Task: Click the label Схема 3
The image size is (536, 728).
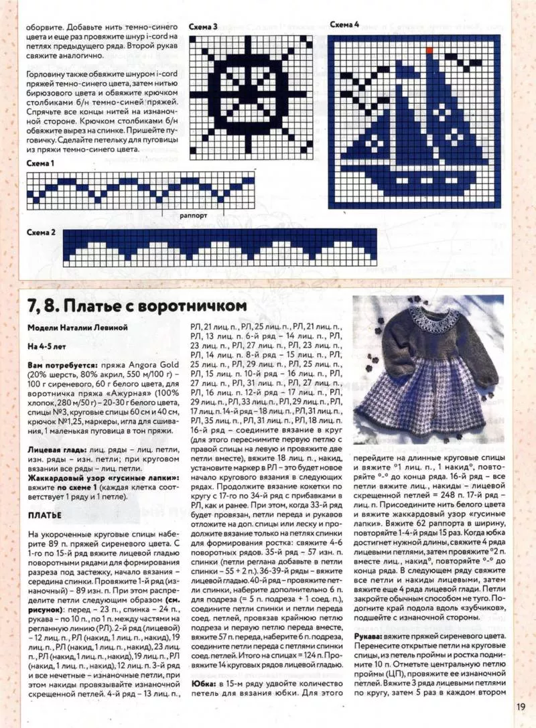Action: [203, 27]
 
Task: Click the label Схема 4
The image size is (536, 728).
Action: [344, 24]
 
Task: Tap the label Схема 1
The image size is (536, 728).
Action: [41, 163]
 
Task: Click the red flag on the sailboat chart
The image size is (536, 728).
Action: [429, 49]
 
